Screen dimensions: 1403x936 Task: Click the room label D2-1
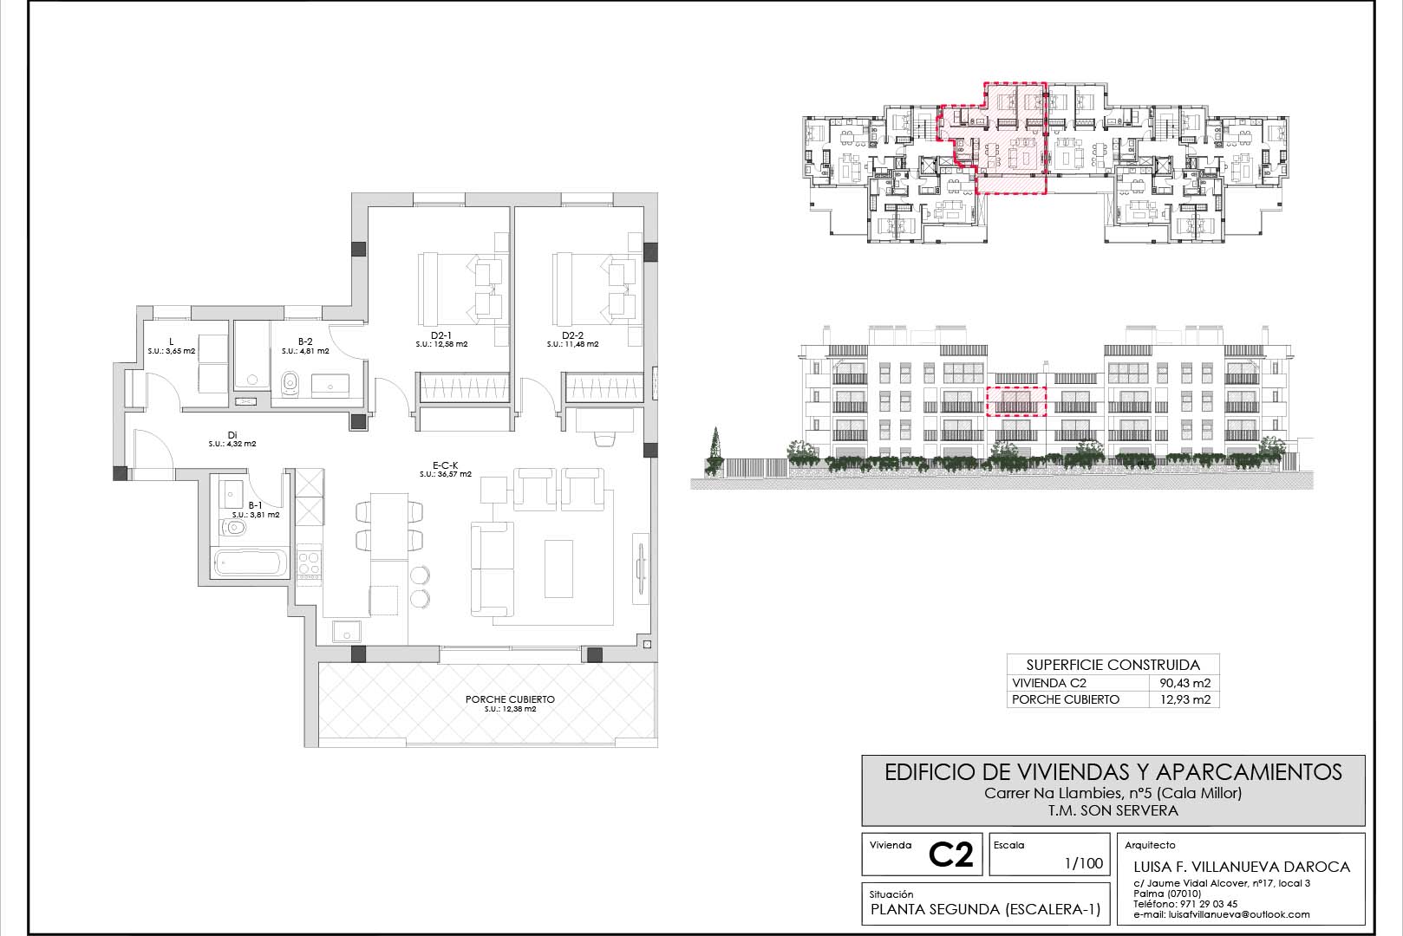point(441,335)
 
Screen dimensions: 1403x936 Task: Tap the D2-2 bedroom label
point(572,335)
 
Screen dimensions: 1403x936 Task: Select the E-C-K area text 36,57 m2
point(454,475)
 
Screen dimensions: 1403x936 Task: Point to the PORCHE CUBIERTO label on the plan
point(510,699)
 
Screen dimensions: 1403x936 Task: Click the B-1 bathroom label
point(256,505)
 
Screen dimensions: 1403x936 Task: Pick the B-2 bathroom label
point(305,341)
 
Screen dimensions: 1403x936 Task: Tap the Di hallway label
point(232,435)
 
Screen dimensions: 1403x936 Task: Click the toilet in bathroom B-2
point(290,383)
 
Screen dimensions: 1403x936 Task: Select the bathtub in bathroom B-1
point(250,562)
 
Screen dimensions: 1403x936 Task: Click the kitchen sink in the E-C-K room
point(346,631)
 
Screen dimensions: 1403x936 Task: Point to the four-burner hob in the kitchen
point(309,563)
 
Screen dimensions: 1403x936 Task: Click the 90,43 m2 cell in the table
point(1185,683)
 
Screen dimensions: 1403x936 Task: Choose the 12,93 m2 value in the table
point(1185,699)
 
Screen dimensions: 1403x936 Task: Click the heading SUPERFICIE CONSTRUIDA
point(1113,665)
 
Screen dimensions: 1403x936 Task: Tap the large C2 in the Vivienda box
point(950,855)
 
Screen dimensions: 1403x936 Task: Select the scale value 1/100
point(1084,863)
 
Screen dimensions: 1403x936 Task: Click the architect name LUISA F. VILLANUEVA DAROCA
point(1242,868)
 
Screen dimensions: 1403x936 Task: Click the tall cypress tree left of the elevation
point(715,449)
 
